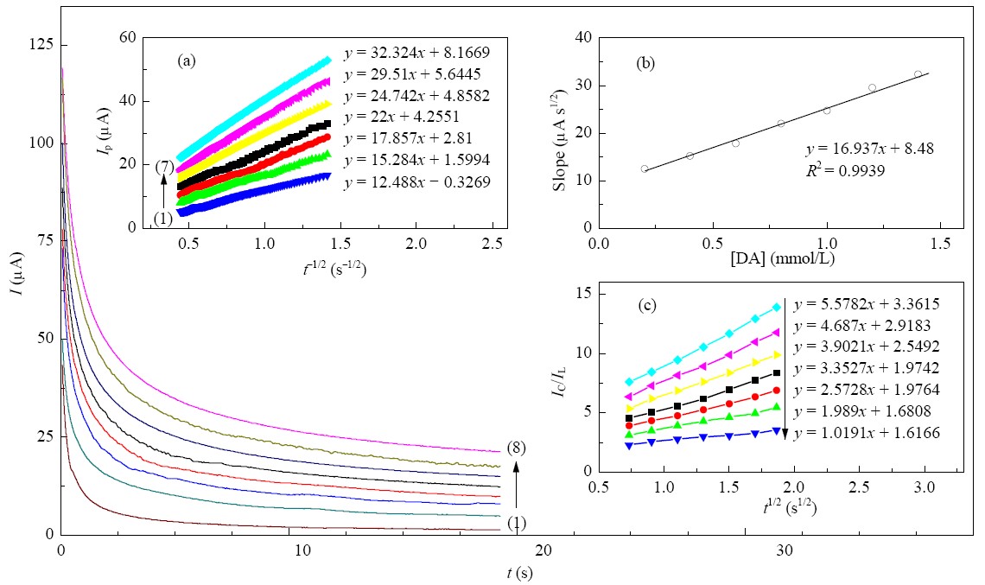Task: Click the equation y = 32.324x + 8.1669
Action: pyautogui.click(x=416, y=53)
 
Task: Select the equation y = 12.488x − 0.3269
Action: pyautogui.click(x=417, y=182)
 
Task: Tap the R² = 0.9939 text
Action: pyautogui.click(x=846, y=169)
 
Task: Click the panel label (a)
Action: pyautogui.click(x=187, y=60)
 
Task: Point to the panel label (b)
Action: pyautogui.click(x=645, y=63)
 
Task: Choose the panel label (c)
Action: pyautogui.click(x=647, y=305)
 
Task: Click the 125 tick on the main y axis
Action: pyautogui.click(x=41, y=45)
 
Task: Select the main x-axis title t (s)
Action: pyautogui.click(x=519, y=573)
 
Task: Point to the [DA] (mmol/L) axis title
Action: pyautogui.click(x=782, y=258)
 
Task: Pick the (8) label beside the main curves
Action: pyautogui.click(x=516, y=448)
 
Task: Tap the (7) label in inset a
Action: pyautogui.click(x=164, y=167)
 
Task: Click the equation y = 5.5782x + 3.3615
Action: pyautogui.click(x=867, y=305)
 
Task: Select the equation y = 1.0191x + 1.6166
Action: pyautogui.click(x=867, y=433)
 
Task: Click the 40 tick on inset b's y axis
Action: pyautogui.click(x=583, y=38)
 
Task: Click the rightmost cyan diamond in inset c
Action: pyautogui.click(x=777, y=308)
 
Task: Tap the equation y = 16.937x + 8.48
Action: pyautogui.click(x=869, y=149)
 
